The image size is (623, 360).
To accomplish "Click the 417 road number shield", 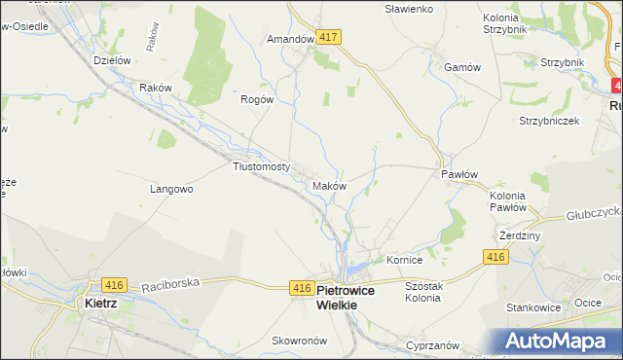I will point(328,37).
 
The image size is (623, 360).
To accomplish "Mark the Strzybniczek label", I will point(549,122).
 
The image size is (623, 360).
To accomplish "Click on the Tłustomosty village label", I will point(262,166).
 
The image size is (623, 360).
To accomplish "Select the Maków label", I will point(329,185).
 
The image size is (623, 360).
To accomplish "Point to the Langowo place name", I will point(171,190).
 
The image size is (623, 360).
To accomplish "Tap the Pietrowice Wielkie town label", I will point(360,297).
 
